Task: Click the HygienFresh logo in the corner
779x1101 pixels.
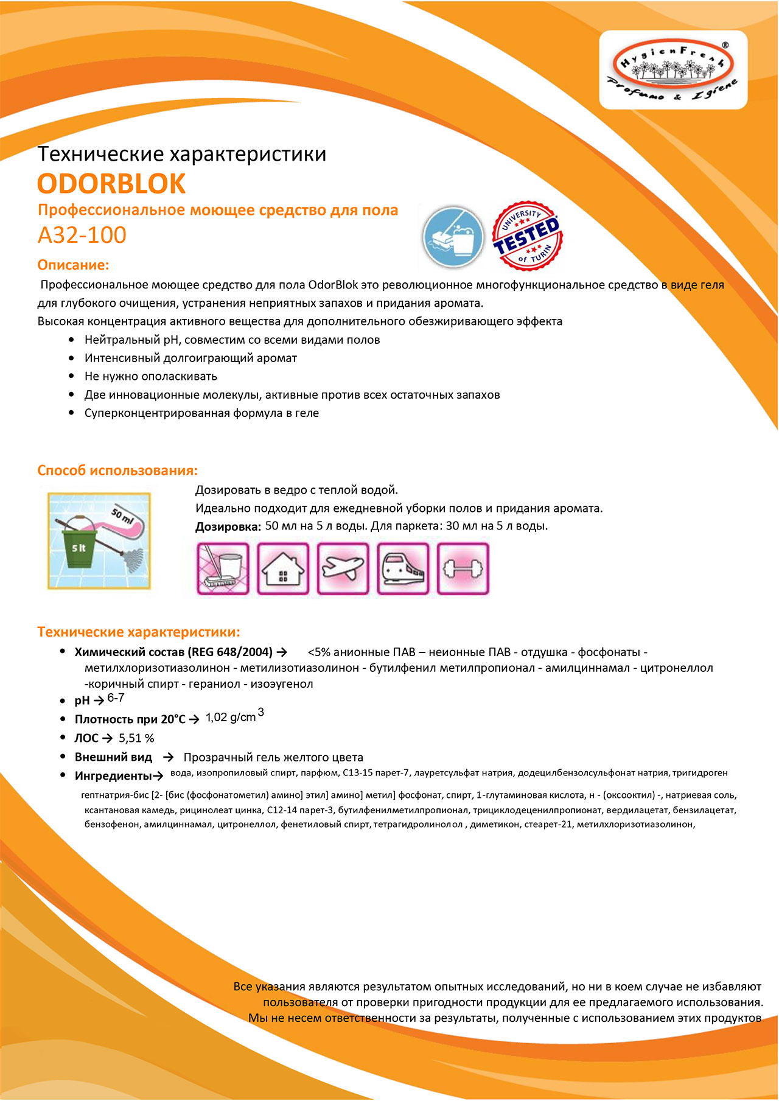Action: [x=673, y=70]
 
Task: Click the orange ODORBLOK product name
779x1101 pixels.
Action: [x=111, y=184]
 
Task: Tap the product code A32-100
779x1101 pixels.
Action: [x=82, y=235]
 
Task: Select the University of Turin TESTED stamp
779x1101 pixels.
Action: [x=526, y=236]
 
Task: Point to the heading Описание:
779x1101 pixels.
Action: [x=73, y=265]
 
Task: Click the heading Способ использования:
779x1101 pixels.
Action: [x=117, y=470]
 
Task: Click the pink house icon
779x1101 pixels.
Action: [x=283, y=568]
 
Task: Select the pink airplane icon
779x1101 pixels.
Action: [x=343, y=568]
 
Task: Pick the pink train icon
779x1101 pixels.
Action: [x=403, y=568]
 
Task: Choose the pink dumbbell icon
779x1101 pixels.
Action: [x=463, y=568]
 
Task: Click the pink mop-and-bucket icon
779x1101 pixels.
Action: [x=223, y=568]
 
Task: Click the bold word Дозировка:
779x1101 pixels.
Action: [x=228, y=527]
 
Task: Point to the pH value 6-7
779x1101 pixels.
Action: [x=116, y=698]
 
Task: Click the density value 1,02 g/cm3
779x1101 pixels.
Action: [x=234, y=716]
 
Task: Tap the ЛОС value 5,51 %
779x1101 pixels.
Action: [x=136, y=738]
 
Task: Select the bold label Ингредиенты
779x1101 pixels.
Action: [x=113, y=776]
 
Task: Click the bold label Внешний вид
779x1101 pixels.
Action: [x=113, y=757]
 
